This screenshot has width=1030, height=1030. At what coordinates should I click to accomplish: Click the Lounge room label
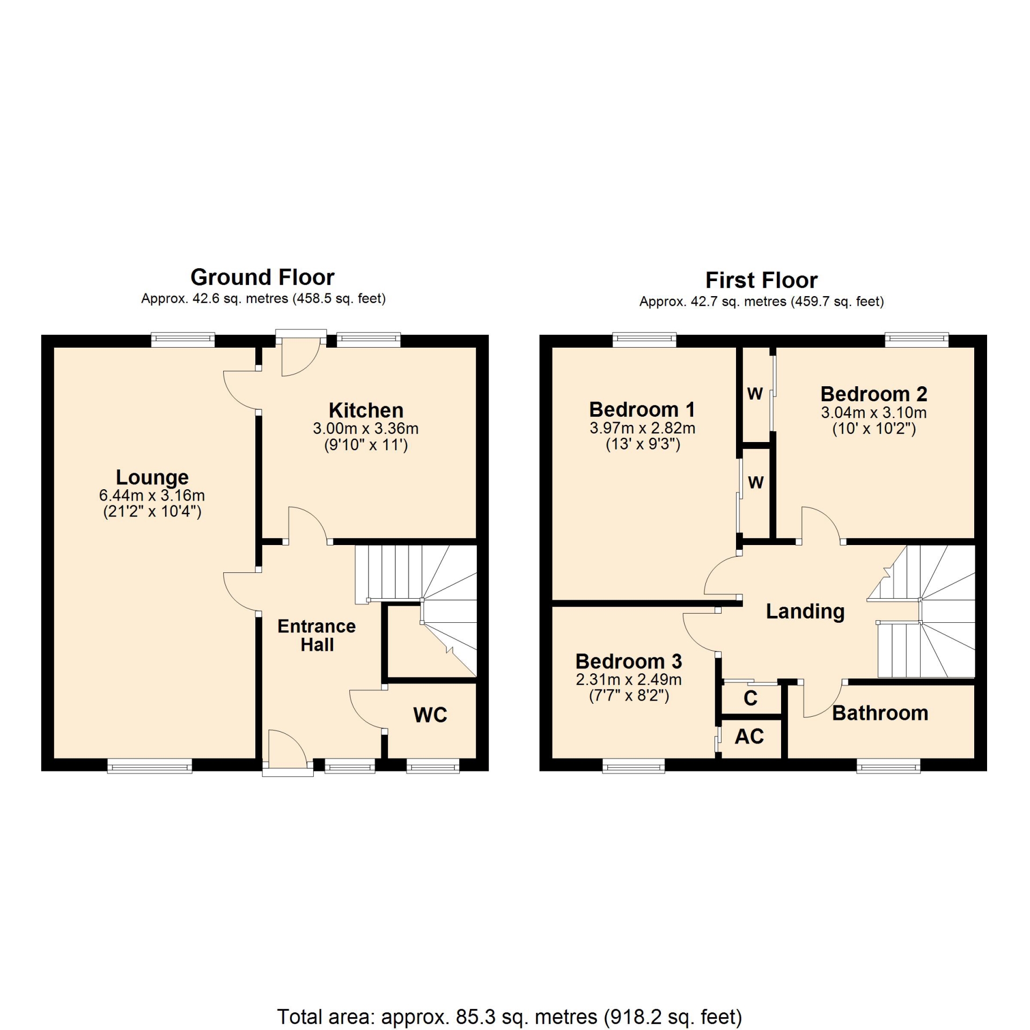tap(152, 477)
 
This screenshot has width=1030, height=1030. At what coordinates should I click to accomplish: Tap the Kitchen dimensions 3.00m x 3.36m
tap(366, 429)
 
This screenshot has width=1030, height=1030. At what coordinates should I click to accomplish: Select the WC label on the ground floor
tap(430, 715)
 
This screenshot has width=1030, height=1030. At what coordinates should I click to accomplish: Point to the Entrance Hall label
tap(317, 635)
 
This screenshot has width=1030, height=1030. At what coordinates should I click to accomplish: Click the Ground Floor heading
tap(262, 277)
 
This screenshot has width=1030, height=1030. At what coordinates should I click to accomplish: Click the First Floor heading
tap(761, 280)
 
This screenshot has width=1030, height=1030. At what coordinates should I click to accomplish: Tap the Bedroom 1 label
tap(642, 409)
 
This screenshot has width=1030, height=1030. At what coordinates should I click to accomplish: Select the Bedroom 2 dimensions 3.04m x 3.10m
tap(874, 413)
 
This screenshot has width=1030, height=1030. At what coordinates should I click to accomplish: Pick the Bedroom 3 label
tap(629, 661)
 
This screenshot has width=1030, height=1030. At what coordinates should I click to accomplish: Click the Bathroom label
tap(880, 713)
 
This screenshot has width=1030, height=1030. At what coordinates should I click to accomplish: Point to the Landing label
tap(805, 612)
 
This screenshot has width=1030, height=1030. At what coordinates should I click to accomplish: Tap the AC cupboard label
tap(749, 737)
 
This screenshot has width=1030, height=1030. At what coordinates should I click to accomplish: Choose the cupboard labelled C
tap(751, 698)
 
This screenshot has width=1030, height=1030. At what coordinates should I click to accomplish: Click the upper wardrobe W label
tap(755, 394)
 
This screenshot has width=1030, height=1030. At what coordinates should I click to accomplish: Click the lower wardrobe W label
tap(756, 482)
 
